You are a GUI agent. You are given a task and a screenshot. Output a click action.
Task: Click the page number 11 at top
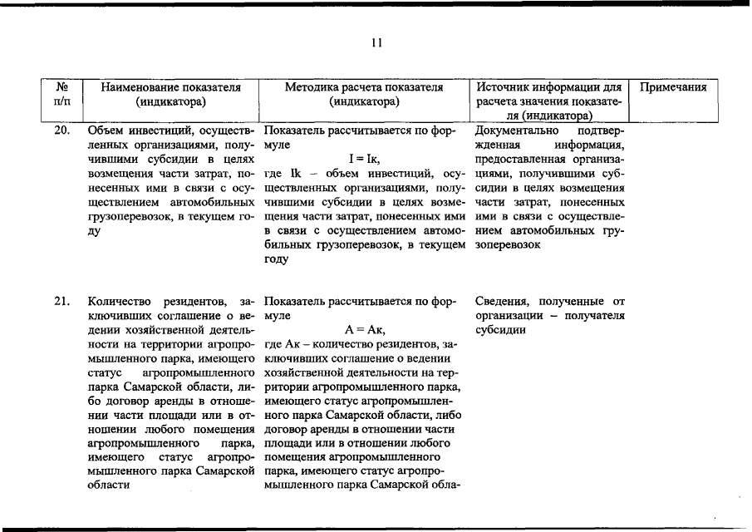pos(376,44)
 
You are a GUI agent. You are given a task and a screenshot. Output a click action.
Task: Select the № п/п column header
pos(61,94)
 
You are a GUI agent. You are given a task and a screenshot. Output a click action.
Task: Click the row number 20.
pos(61,131)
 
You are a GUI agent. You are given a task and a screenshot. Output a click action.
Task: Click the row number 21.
pos(61,301)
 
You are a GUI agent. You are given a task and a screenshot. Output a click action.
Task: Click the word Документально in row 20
pos(516,131)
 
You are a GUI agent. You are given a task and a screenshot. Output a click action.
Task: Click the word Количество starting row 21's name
pos(116,301)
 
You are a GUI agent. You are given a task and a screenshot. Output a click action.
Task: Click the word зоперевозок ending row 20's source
pos(509,245)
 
